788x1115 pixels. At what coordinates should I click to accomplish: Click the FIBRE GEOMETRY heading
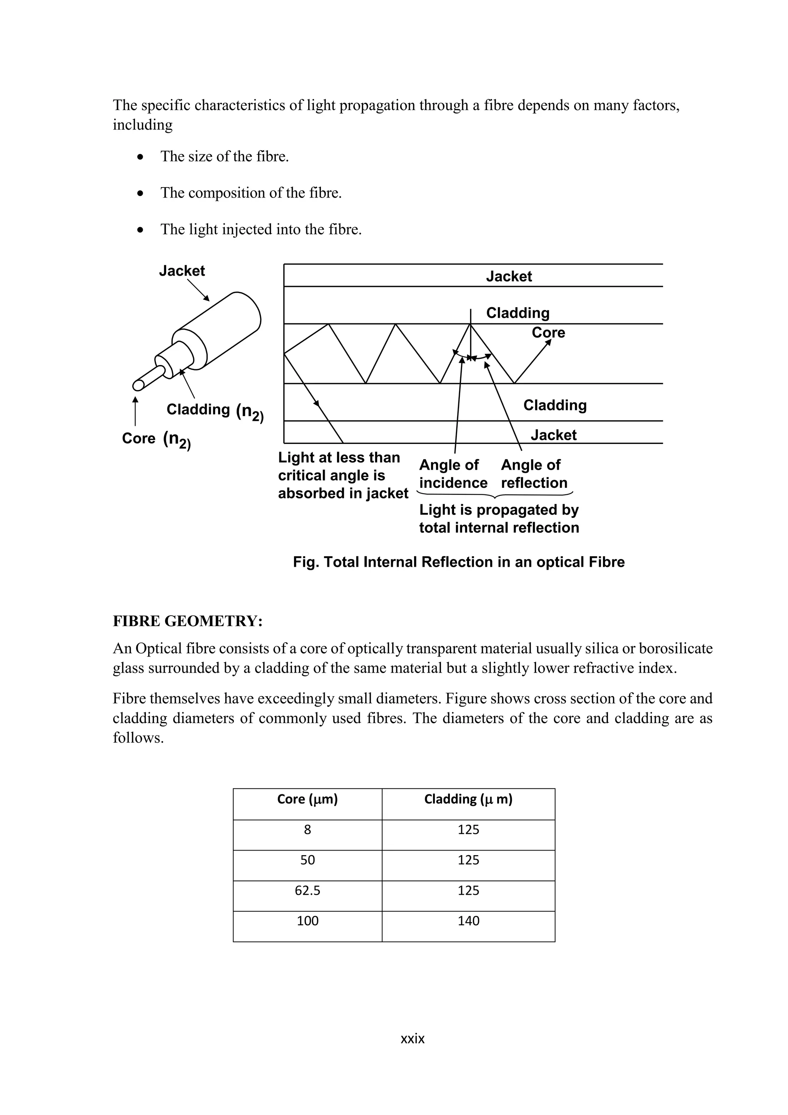(x=187, y=621)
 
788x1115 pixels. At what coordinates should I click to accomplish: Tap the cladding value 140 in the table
(x=468, y=921)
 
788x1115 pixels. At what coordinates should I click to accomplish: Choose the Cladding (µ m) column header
(x=468, y=799)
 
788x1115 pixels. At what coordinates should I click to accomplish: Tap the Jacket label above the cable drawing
(x=182, y=271)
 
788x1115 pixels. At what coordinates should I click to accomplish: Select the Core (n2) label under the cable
(x=156, y=439)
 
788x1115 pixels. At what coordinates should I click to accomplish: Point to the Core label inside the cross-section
(x=548, y=333)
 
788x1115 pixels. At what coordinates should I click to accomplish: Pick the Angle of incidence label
(x=453, y=474)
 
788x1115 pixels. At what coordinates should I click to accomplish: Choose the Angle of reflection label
(x=534, y=474)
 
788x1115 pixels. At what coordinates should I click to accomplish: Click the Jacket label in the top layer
(x=509, y=276)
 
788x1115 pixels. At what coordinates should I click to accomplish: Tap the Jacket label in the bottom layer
(x=553, y=435)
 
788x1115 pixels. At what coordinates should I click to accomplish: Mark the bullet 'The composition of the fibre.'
(x=251, y=193)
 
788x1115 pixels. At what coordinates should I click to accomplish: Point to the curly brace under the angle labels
(x=494, y=496)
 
